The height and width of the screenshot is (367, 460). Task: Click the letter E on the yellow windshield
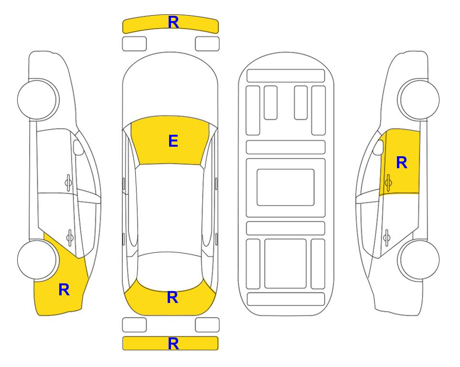[173, 141]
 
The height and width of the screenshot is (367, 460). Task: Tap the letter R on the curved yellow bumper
[173, 22]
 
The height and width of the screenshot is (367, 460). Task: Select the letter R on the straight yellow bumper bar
[173, 344]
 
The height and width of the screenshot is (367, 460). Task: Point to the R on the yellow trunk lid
[172, 297]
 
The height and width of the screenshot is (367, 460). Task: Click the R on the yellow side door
[402, 162]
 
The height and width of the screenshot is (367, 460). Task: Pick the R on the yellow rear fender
[64, 290]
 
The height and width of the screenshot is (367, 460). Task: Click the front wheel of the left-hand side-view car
[37, 100]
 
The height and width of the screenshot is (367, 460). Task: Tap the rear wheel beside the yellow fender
[37, 260]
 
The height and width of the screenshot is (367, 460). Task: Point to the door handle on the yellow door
[388, 183]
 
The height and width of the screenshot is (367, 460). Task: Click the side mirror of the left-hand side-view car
[78, 147]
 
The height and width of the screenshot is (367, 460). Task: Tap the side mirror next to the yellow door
[378, 147]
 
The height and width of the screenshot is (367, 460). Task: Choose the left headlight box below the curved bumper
[134, 44]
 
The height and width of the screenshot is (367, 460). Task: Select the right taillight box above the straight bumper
[207, 325]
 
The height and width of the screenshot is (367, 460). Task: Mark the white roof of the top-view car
[170, 208]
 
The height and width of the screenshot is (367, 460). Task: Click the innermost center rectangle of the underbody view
[286, 187]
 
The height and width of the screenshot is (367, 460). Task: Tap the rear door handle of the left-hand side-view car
[70, 237]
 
